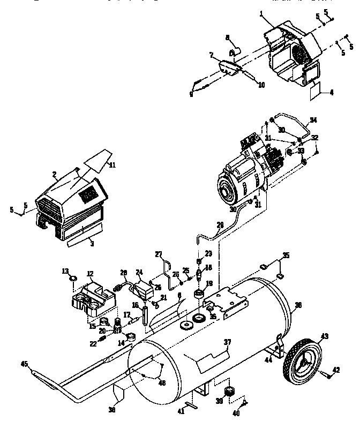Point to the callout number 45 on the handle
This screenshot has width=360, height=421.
click(24, 364)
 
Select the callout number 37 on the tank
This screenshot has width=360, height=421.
click(228, 341)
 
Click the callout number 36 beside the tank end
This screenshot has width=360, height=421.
click(298, 305)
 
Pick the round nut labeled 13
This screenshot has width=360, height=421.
click(74, 279)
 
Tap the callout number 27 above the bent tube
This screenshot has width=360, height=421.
click(158, 253)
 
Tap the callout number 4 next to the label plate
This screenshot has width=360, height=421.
click(332, 92)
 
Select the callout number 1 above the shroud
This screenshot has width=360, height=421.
click(262, 12)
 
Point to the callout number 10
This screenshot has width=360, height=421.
click(261, 85)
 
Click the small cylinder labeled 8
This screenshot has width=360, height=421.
click(234, 52)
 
